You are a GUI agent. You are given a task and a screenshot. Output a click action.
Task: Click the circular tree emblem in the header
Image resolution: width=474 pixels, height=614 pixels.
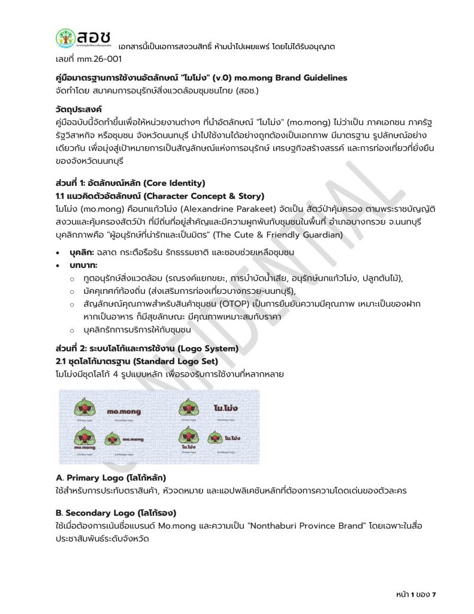pos(66,38)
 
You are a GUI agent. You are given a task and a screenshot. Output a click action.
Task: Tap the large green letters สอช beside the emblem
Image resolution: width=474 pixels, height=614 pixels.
pos(93,36)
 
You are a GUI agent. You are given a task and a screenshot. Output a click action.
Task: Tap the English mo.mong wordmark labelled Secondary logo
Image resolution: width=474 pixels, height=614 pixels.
pos(123,412)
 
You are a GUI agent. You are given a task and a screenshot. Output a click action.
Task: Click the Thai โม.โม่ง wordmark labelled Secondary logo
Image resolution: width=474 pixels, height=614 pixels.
pos(226,409)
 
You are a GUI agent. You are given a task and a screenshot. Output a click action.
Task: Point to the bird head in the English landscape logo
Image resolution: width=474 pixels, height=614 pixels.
pos(113,438)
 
